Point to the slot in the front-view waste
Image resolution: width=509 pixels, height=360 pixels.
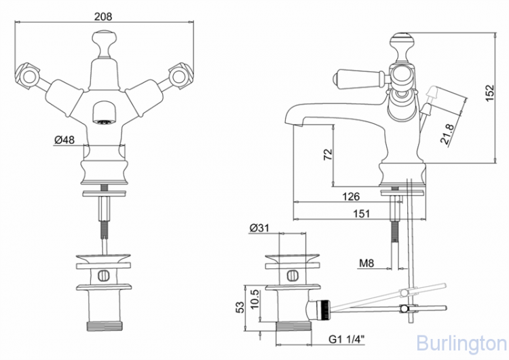pyautogui.click(x=103, y=276)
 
